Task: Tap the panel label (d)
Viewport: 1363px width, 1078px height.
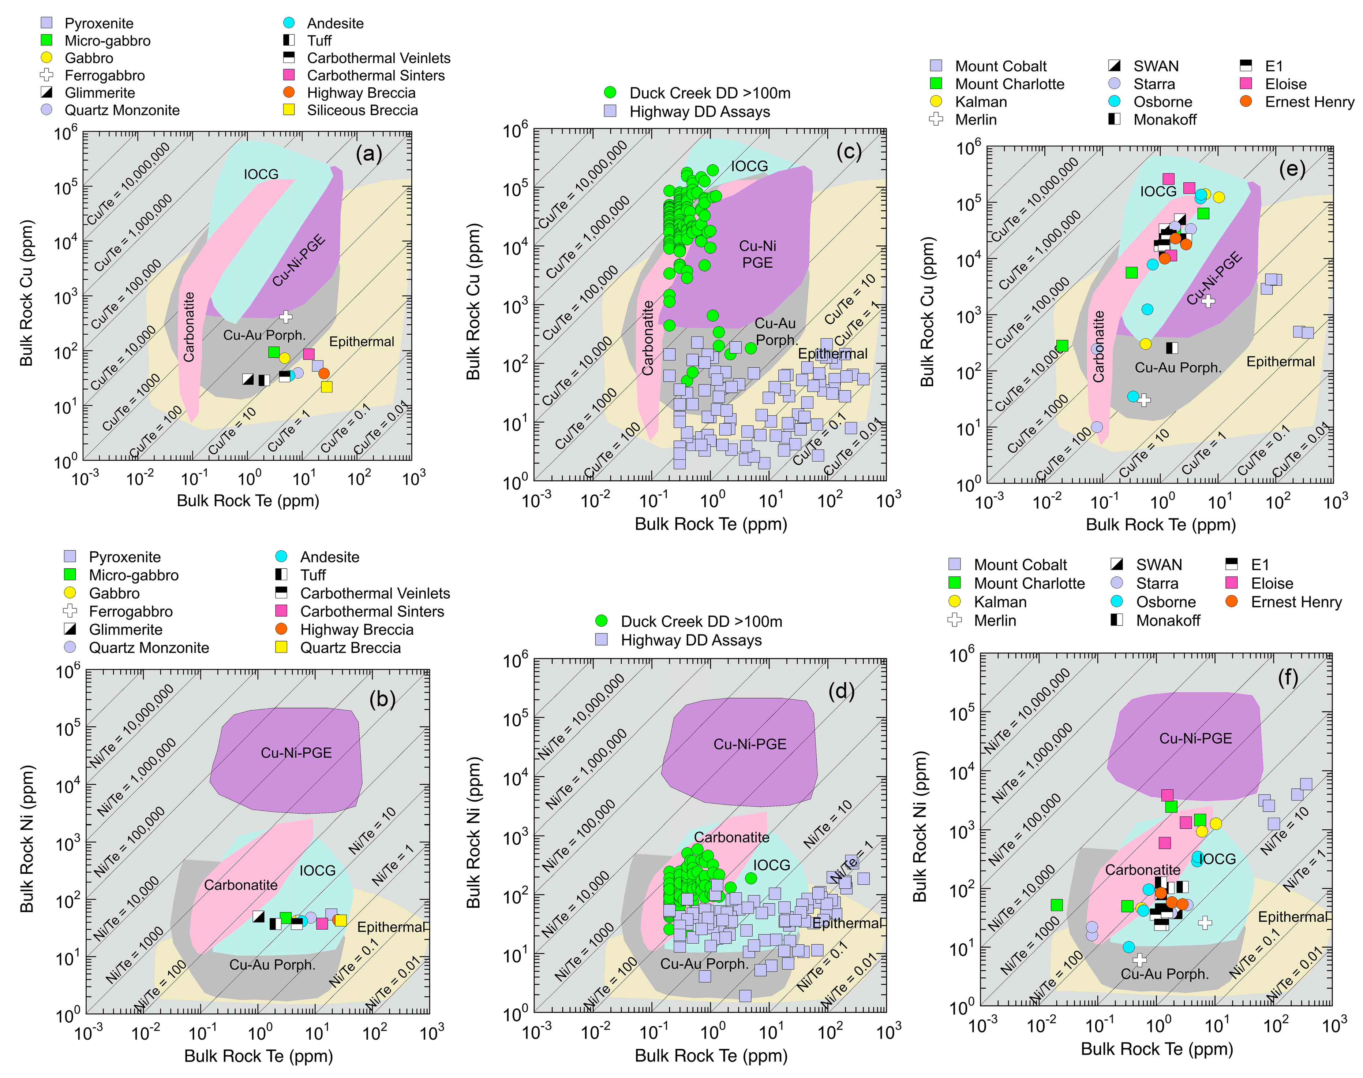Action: pyautogui.click(x=841, y=691)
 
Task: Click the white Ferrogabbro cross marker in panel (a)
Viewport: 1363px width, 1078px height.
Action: pyautogui.click(x=286, y=316)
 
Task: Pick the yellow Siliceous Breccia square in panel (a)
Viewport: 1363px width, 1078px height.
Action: pyautogui.click(x=326, y=386)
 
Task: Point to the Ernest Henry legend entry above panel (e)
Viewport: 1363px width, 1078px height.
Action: pyautogui.click(x=1309, y=102)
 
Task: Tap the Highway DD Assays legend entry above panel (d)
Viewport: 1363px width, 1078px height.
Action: pyautogui.click(x=690, y=640)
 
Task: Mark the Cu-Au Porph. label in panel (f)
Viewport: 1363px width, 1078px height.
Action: pyautogui.click(x=1164, y=974)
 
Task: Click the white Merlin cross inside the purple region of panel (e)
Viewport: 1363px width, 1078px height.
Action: pyautogui.click(x=1207, y=300)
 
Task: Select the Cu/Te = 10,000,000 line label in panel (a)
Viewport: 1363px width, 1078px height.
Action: pyautogui.click(x=128, y=183)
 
